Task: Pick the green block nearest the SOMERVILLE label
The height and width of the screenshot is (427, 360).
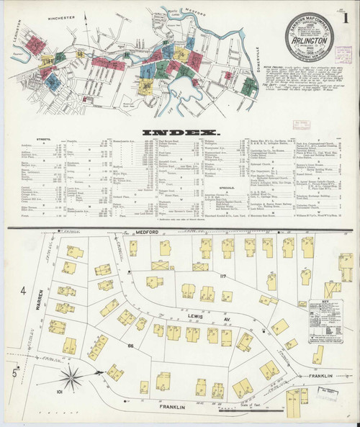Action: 249,87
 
